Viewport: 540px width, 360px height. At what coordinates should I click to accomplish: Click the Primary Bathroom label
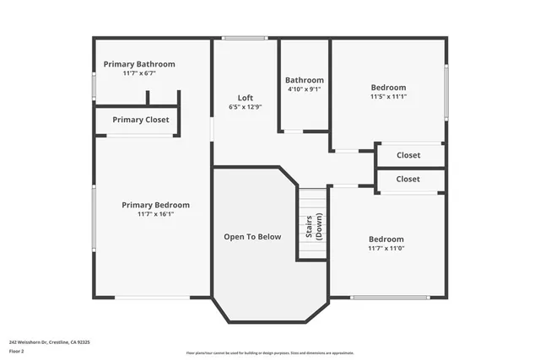pos(139,64)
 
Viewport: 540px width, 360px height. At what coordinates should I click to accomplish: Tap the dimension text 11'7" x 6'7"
pos(139,73)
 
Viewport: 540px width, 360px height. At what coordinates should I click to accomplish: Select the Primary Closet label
pos(141,120)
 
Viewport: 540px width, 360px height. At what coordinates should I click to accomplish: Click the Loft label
pos(245,98)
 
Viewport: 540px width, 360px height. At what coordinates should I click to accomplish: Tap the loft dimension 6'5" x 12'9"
pos(245,107)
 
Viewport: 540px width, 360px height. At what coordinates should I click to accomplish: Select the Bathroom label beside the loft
pos(305,80)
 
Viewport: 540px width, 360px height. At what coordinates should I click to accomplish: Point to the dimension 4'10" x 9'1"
pos(305,89)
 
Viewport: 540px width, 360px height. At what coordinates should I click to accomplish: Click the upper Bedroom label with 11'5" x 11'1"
pos(388,87)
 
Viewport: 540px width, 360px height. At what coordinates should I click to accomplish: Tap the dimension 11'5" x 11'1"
pos(388,96)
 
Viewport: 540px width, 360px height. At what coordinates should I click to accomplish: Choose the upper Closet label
pos(408,155)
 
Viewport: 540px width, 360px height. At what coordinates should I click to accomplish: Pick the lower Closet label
pos(408,179)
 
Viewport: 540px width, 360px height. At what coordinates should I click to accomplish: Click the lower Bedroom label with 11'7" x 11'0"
pos(386,239)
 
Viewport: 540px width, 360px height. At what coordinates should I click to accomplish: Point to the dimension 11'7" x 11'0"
pos(386,248)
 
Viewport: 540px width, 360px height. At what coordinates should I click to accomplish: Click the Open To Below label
pos(252,237)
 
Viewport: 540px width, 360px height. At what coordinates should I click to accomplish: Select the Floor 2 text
pos(17,351)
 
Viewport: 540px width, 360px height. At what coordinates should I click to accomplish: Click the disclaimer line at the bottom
pos(270,352)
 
